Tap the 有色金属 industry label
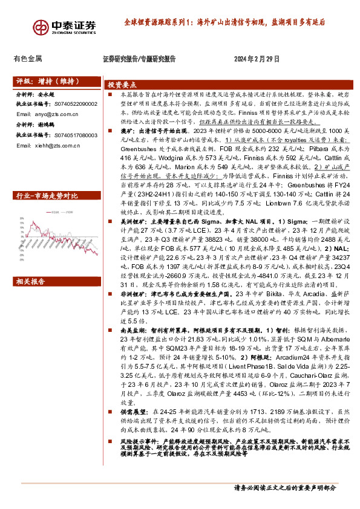[27, 59]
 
